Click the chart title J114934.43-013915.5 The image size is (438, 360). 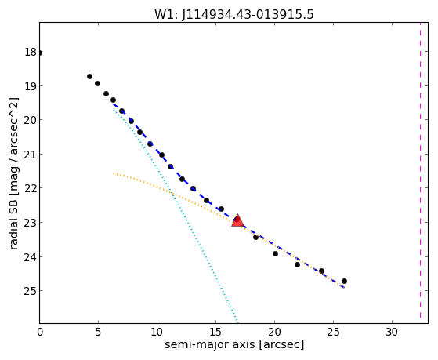pos(248,15)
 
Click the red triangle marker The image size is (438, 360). pos(237,220)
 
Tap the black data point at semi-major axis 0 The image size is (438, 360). pos(40,53)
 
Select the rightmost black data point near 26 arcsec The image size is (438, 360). pos(344,281)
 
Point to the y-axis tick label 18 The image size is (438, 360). pos(31,52)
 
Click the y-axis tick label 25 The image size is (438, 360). pos(31,291)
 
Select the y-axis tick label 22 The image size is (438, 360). pos(31,188)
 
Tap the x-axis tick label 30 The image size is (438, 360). pos(392,332)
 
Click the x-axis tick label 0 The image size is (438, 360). pos(40,332)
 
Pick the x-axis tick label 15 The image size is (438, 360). pos(215,332)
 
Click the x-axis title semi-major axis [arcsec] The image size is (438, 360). pos(234,344)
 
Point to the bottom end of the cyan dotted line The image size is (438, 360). pos(237,322)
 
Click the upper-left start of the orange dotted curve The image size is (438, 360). pos(114,173)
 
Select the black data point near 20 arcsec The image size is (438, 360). pos(275,253)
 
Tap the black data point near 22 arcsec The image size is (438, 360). pos(297,264)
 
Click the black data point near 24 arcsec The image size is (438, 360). pos(321,271)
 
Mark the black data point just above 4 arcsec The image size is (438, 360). pos(89,76)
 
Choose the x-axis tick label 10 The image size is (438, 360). pos(157,332)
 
